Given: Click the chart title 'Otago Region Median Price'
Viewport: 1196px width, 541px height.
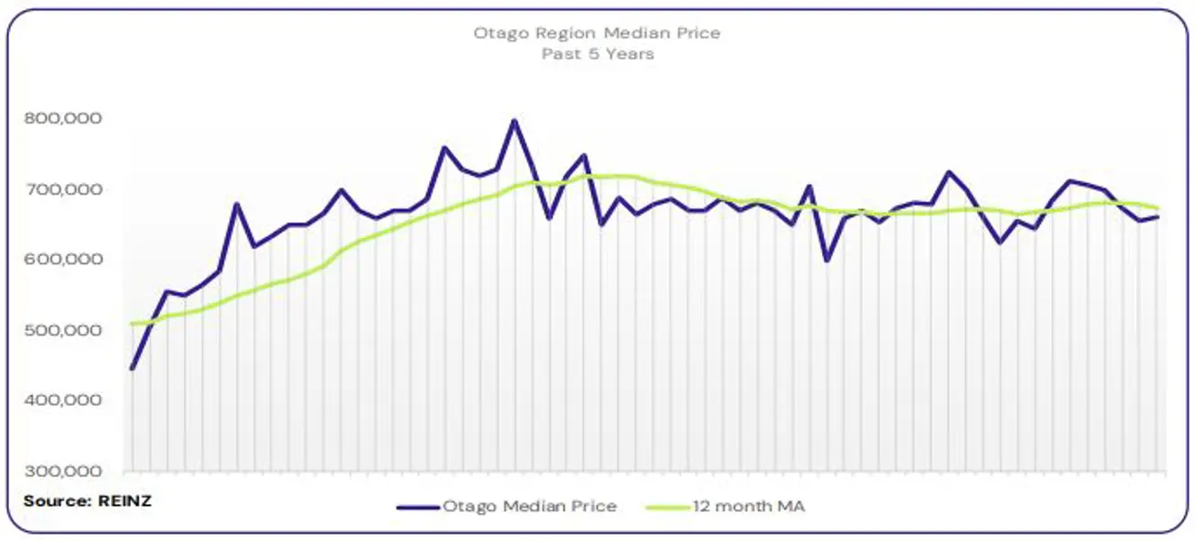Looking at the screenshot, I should point(598,34).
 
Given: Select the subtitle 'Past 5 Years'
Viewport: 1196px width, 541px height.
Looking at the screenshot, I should point(598,54).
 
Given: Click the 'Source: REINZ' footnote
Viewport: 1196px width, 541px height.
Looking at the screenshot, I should point(87,500).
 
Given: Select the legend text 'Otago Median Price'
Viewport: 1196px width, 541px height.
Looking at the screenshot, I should point(529,507).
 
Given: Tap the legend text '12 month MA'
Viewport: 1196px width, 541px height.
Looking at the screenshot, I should point(748,507).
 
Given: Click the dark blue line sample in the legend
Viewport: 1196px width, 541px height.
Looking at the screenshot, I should point(417,507).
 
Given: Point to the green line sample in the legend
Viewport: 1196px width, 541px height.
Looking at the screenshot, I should point(668,507).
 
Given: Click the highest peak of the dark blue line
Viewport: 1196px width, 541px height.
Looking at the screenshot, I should point(515,120).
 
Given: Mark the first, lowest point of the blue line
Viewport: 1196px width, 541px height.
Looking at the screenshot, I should point(132,369).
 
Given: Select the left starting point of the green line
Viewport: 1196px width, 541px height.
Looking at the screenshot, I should point(132,324).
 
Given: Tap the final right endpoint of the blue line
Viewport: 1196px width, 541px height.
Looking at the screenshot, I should point(1157,216).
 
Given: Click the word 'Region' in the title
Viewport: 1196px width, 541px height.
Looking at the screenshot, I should point(565,34).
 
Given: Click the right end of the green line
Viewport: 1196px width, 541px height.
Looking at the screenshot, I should point(1157,207).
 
